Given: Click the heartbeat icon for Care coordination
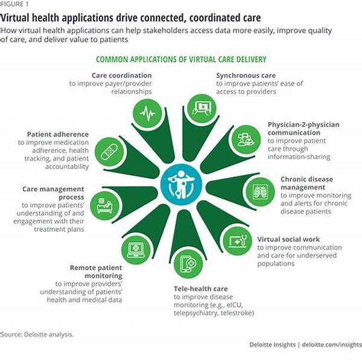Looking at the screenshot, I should pos(147,113).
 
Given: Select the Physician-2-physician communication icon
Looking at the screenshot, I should pos(246,139).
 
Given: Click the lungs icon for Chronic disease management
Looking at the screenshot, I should pos(260,192).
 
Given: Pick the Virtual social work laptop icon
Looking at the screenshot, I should pos(237,242).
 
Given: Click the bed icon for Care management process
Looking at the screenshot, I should pos(104,205).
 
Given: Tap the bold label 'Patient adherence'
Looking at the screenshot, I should pos(58,134).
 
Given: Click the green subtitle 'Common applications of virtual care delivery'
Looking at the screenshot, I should pos(182,59).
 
